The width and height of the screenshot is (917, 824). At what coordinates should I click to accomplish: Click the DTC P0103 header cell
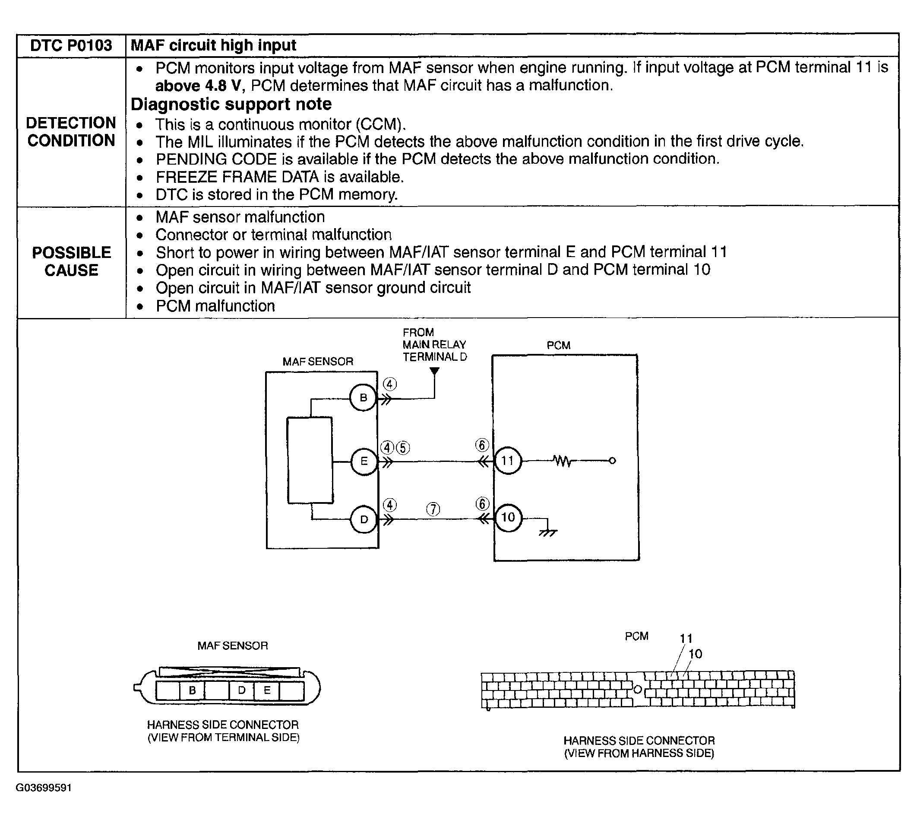coord(71,46)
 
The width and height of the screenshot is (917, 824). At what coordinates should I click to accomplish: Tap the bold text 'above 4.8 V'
coord(197,86)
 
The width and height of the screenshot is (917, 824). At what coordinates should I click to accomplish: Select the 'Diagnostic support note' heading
coord(231,105)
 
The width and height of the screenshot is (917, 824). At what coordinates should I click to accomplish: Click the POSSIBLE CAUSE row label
coord(72,261)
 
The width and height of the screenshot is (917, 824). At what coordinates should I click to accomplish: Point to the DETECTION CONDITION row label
coord(72,132)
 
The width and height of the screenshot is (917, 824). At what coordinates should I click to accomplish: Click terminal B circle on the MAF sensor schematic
coord(363,398)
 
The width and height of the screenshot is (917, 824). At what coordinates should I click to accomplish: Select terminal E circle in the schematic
coord(364,461)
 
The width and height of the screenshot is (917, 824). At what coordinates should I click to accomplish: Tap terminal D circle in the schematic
coord(364,519)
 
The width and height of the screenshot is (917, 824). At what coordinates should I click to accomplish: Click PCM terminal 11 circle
coord(508,461)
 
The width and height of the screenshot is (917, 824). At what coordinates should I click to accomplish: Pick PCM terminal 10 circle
coord(508,518)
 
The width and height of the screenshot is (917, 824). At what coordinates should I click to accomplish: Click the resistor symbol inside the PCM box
coord(562,461)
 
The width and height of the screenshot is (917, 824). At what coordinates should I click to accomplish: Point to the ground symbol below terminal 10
coord(548,532)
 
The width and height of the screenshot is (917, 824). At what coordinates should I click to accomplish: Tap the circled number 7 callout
coord(433,509)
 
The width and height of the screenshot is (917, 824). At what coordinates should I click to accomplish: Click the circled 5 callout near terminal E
coord(403,448)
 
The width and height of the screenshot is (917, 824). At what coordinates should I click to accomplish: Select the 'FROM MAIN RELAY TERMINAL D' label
coord(434,344)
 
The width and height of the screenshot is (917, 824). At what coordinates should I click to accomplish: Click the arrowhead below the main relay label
coord(434,371)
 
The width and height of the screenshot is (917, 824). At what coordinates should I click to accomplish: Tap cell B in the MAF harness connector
coord(192,690)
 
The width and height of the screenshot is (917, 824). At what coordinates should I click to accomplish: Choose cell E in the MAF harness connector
coord(267,690)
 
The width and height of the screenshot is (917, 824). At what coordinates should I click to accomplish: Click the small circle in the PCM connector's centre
coord(638,690)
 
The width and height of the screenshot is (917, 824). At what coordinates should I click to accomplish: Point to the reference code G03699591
coord(44,788)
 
